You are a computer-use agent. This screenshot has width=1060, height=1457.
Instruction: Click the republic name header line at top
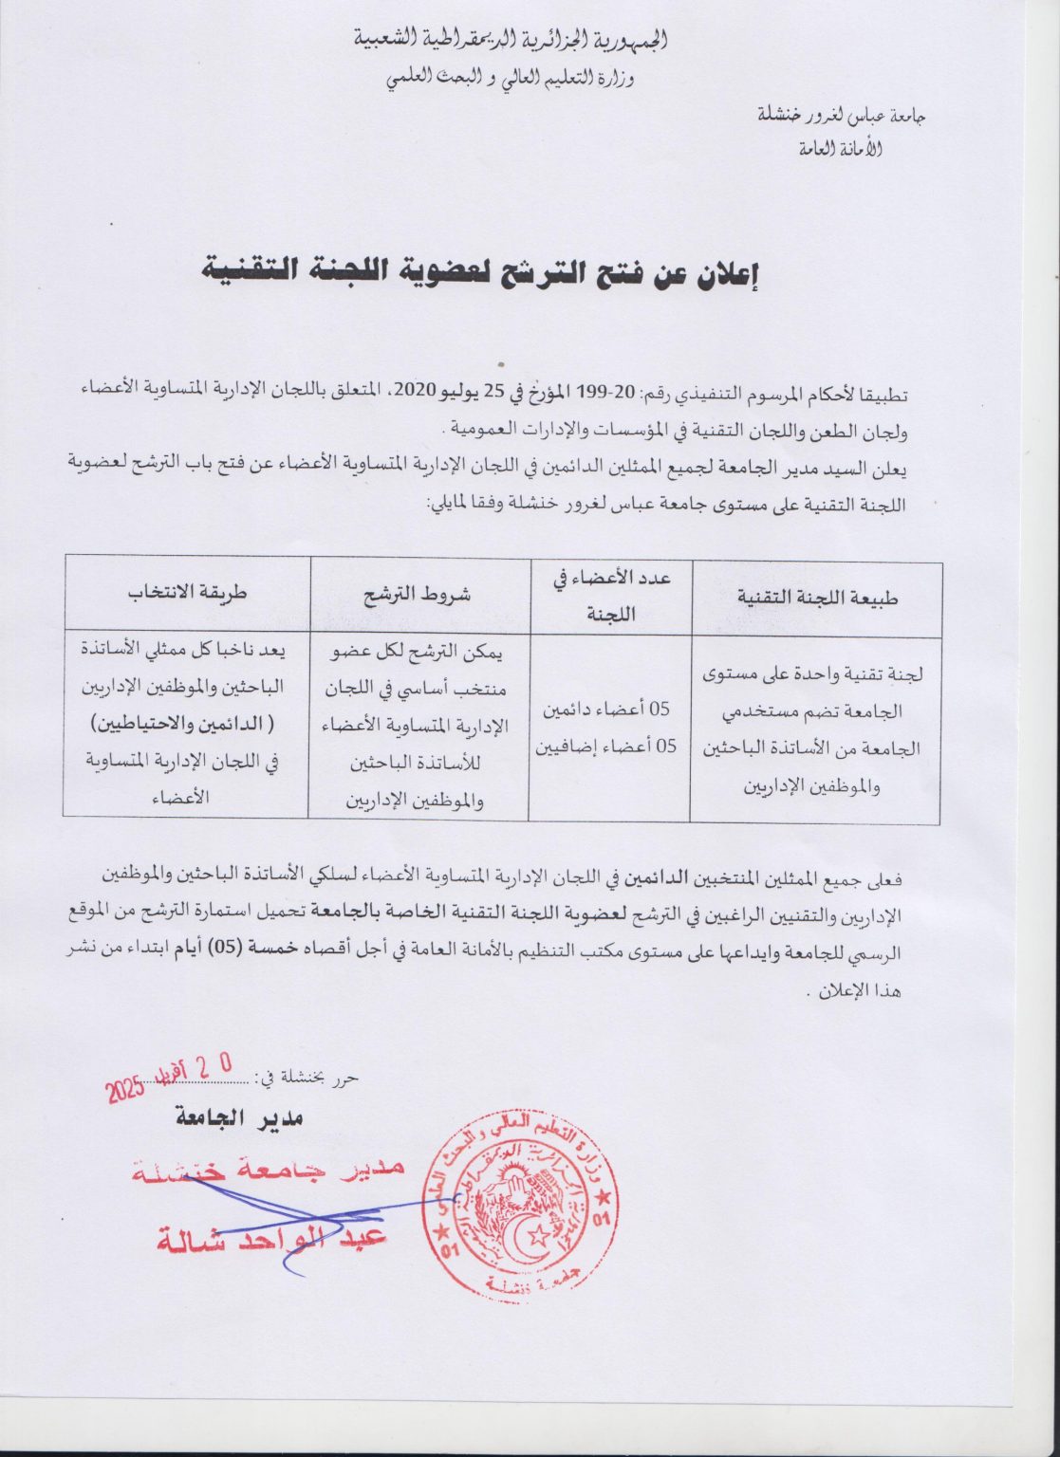[x=511, y=41]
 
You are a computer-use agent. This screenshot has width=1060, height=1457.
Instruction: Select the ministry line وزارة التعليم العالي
[x=511, y=80]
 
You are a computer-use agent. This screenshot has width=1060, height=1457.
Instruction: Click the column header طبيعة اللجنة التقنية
[x=817, y=598]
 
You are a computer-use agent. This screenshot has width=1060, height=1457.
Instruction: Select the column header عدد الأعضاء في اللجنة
[x=610, y=598]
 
